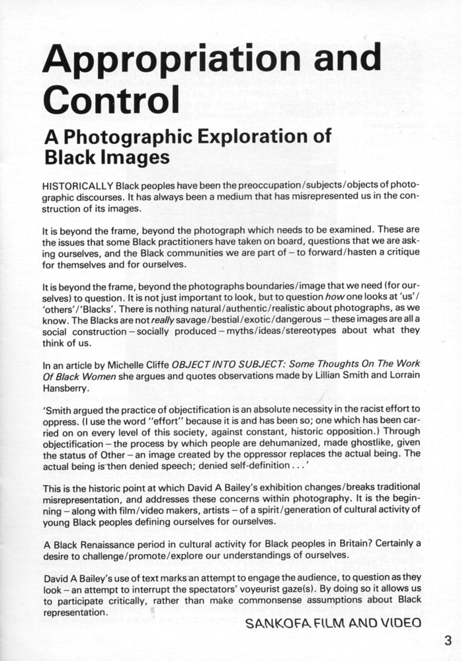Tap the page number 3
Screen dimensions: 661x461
[x=447, y=639]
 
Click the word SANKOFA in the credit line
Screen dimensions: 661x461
[x=277, y=623]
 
